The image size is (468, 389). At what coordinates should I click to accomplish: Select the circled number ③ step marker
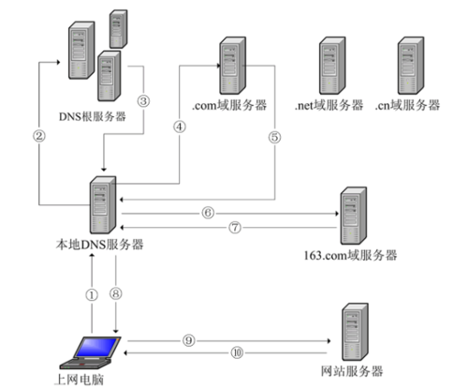(143, 100)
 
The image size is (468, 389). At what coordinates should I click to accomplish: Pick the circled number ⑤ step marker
(274, 137)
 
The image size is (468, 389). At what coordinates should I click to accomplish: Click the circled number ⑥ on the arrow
(207, 212)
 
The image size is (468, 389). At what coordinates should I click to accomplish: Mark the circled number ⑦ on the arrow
(235, 226)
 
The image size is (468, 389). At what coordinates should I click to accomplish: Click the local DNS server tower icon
(100, 206)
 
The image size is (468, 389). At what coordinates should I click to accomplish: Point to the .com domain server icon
(232, 64)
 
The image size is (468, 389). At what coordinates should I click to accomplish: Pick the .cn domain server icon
(409, 64)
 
